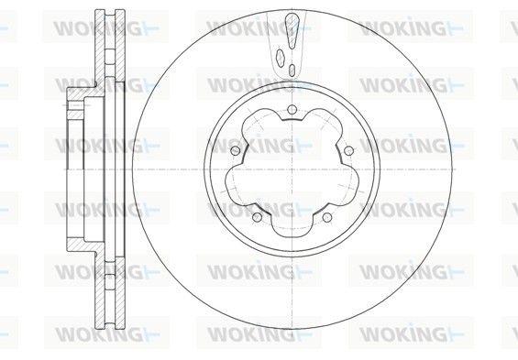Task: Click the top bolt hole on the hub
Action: (292, 109)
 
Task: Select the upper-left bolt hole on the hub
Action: (236, 151)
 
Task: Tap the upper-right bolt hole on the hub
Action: (349, 151)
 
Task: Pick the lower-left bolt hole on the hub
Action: (257, 217)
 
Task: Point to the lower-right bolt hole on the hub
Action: (326, 217)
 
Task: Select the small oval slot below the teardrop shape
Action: (292, 70)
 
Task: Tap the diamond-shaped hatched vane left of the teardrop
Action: (280, 59)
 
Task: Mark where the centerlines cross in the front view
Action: (292, 169)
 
